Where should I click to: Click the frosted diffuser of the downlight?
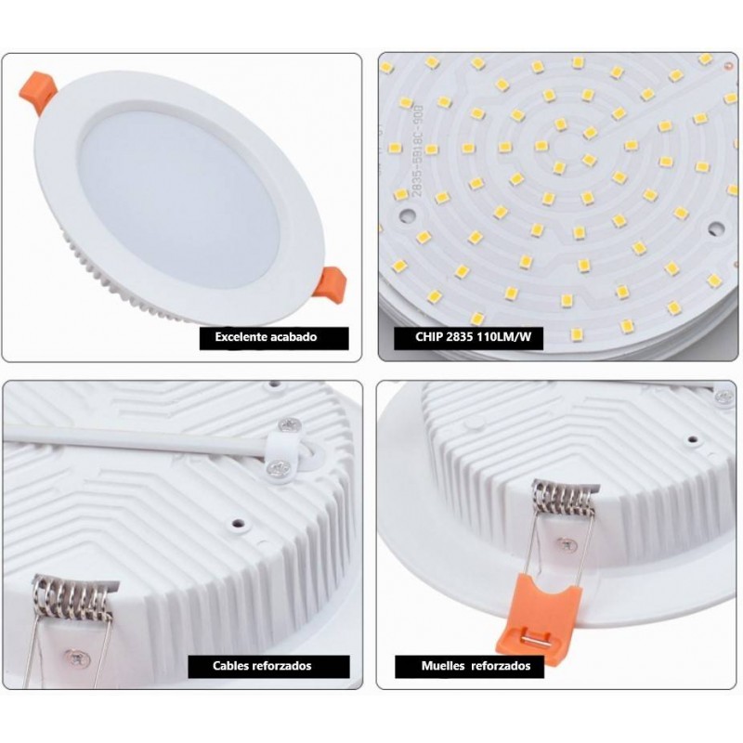(179, 200)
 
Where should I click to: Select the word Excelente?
(241, 337)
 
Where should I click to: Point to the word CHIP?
(429, 337)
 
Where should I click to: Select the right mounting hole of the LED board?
(716, 228)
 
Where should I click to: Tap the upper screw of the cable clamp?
(290, 425)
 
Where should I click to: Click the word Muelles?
(443, 666)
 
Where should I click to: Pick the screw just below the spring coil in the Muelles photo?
(567, 545)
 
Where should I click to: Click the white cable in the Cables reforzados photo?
(135, 438)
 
